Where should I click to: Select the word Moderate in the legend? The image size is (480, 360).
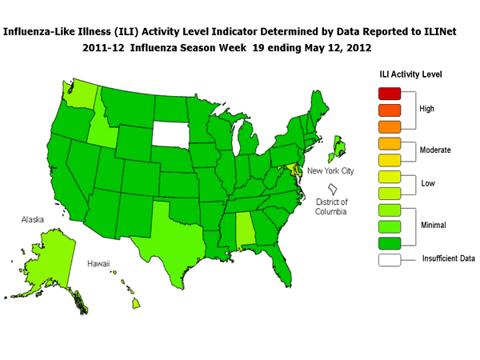pos(435,150)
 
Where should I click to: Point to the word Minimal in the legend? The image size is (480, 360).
pos(433,225)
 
